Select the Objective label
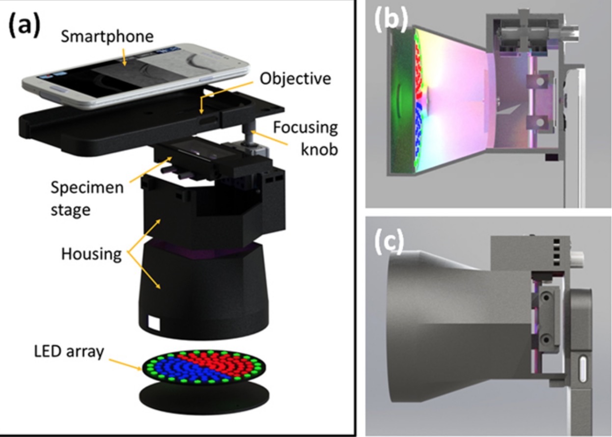pos(295,78)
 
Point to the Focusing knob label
pos(306,137)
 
